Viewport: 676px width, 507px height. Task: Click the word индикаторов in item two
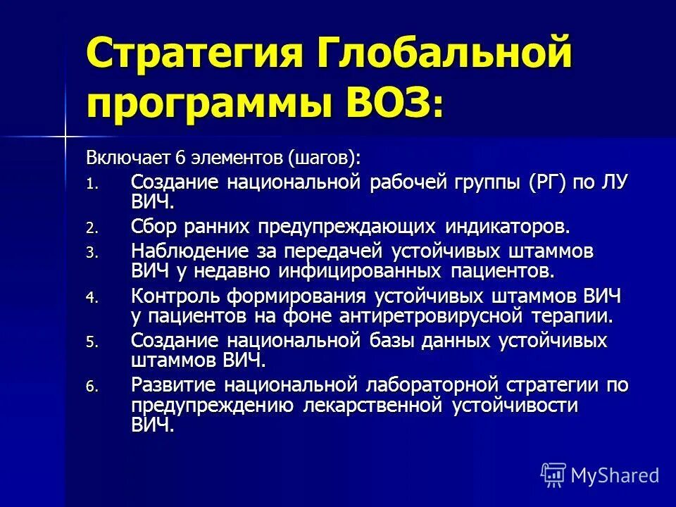pos(508,227)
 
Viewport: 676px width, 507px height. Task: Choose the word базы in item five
pos(390,340)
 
